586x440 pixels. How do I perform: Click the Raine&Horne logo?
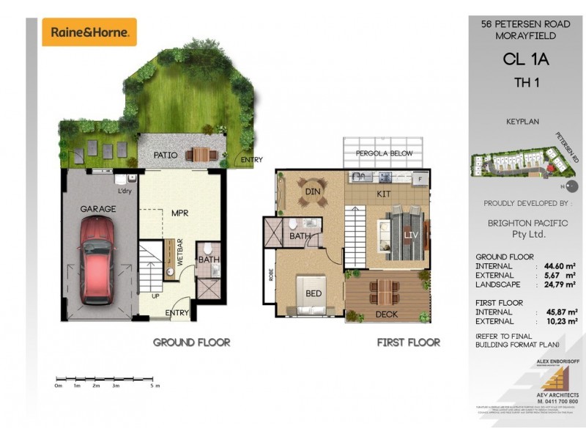[89, 32]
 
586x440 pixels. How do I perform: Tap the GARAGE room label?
[98, 209]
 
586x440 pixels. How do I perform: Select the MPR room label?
[181, 213]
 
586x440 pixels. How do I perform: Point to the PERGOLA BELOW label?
[384, 153]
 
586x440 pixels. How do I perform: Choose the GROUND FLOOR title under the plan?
[191, 342]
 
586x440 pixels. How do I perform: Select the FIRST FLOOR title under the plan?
[408, 342]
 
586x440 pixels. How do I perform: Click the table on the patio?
[199, 155]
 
